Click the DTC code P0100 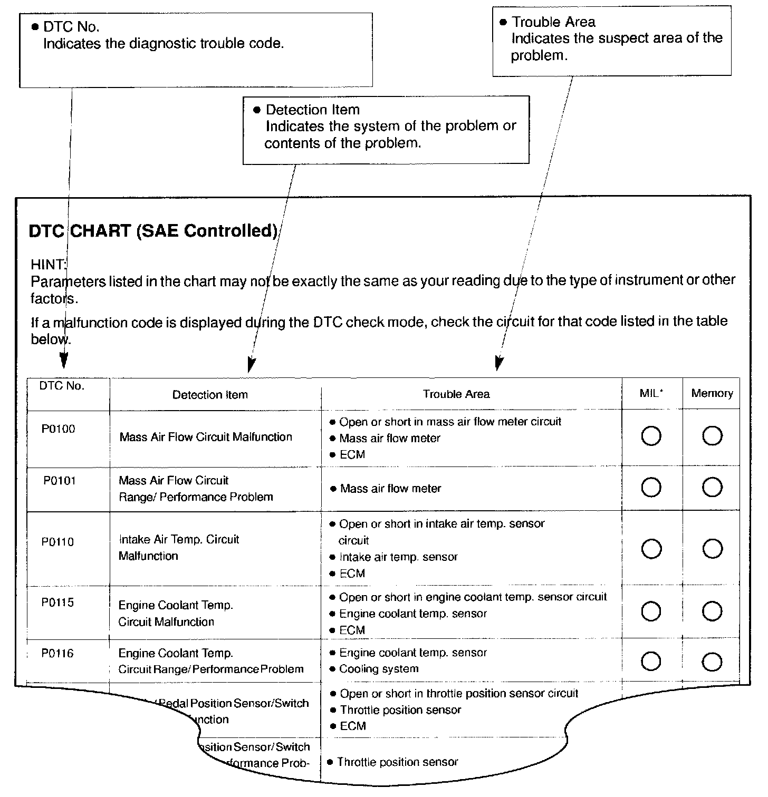pos(58,429)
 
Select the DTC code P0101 pos(59,481)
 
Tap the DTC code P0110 pos(58,542)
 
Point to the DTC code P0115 pos(58,602)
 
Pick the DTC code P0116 pos(58,654)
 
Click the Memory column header pos(712,393)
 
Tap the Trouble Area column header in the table pos(456,394)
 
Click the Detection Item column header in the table pos(210,395)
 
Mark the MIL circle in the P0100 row pos(651,436)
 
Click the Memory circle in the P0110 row pos(712,549)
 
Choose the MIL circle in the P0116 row pos(651,662)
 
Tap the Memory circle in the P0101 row pos(712,487)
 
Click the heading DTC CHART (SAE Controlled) pos(153,231)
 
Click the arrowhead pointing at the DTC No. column pos(63,361)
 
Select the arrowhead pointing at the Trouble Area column pos(498,363)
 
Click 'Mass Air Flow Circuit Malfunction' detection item pos(206,437)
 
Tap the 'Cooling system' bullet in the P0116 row pos(379,669)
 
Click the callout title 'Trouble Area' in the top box pos(554,22)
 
